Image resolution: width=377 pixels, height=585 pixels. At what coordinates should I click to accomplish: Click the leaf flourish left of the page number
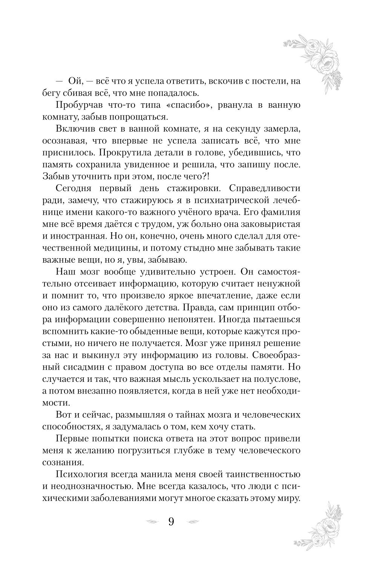tap(152, 522)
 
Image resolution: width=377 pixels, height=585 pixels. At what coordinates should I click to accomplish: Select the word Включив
tap(74, 129)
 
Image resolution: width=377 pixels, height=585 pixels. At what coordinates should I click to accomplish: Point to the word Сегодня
tap(75, 188)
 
